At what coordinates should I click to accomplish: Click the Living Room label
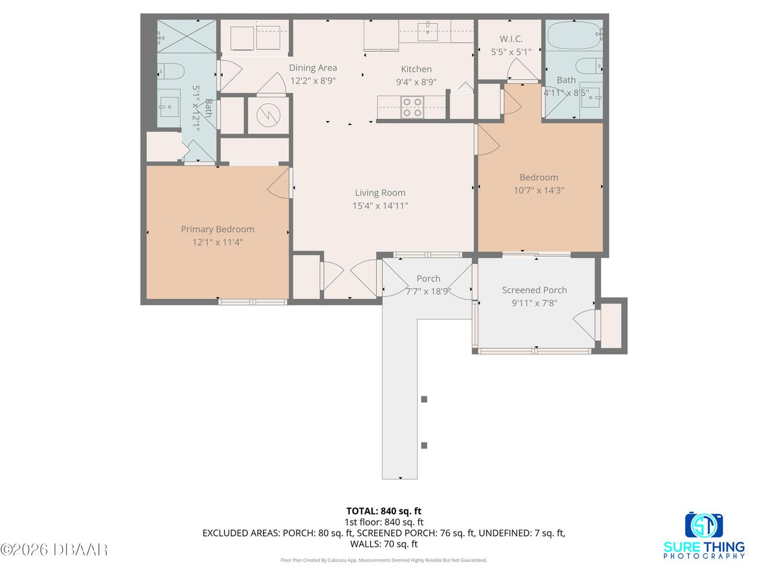click(380, 193)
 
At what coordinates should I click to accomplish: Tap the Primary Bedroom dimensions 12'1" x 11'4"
click(217, 242)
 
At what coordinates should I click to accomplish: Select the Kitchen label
click(416, 69)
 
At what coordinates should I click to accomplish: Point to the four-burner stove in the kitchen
click(412, 107)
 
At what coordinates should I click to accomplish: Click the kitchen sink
click(427, 32)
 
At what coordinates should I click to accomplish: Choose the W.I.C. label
click(511, 39)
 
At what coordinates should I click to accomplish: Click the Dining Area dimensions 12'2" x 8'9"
click(313, 81)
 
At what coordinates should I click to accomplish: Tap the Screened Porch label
click(534, 290)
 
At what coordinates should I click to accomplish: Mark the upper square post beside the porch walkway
click(424, 400)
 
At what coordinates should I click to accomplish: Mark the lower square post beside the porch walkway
click(424, 446)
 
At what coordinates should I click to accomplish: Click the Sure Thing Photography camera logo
click(704, 526)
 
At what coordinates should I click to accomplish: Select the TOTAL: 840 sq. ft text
click(384, 511)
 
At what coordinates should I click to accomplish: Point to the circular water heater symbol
click(268, 115)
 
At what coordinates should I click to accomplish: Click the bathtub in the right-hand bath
click(574, 35)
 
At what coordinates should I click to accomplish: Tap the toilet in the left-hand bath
click(171, 71)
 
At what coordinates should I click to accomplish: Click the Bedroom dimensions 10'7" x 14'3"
click(538, 191)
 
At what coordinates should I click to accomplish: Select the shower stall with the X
click(187, 37)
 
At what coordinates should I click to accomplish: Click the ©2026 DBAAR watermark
click(54, 550)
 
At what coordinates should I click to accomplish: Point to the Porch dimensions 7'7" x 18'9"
click(428, 292)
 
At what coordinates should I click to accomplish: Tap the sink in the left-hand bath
click(169, 107)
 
